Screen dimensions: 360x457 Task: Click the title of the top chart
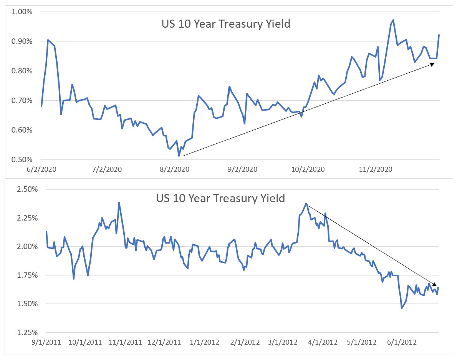[225, 24]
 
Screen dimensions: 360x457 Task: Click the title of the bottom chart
[220, 199]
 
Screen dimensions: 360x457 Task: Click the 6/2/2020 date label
[41, 169]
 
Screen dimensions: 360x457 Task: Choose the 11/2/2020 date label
[376, 169]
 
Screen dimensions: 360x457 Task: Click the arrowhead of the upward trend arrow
[433, 64]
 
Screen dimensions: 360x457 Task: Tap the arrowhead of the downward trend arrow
[435, 285]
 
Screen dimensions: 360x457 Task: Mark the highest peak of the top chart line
[393, 20]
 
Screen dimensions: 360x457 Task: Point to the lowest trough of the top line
[179, 156]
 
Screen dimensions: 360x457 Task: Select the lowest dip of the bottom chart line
[402, 308]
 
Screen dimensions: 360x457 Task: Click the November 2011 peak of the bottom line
[119, 202]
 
